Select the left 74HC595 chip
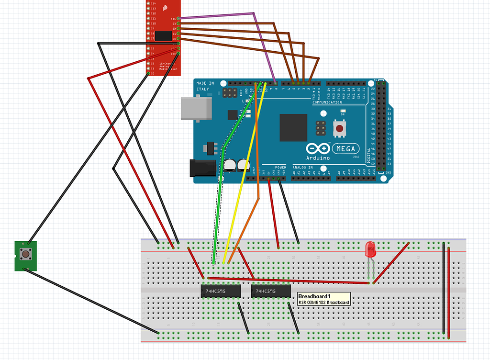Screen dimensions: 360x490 220,291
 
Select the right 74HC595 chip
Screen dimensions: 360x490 271,291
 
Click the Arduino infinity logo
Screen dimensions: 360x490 318,148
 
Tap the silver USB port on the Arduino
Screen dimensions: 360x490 197,108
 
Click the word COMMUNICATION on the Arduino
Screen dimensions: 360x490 327,102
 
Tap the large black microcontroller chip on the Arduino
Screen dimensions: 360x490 293,127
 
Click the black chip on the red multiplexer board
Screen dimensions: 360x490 164,35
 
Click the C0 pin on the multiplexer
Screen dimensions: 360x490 149,73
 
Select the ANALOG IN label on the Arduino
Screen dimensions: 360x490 302,168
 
